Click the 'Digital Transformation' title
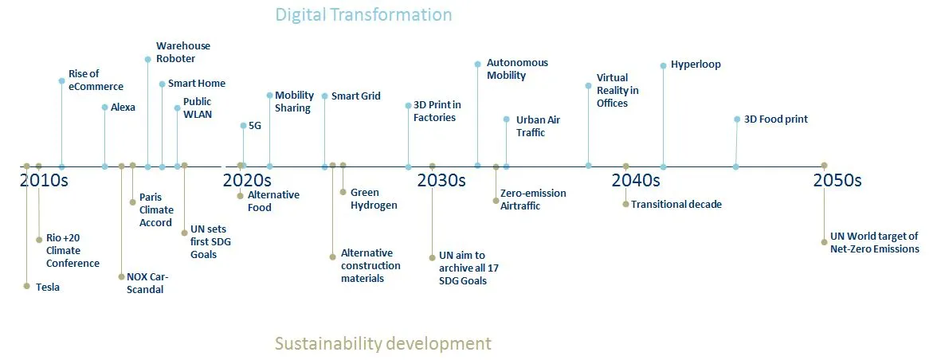363,14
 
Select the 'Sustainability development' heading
382,343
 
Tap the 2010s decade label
44,180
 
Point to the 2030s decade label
441,180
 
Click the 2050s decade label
837,180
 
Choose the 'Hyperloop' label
696,65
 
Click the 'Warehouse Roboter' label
183,53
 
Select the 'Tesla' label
48,288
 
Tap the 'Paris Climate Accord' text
155,209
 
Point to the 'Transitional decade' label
676,205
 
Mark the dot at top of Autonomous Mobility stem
477,63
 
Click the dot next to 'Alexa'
104,107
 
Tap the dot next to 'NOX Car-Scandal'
121,277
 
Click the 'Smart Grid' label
355,96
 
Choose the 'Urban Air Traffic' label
538,126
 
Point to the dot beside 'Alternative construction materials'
333,256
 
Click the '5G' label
255,125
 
